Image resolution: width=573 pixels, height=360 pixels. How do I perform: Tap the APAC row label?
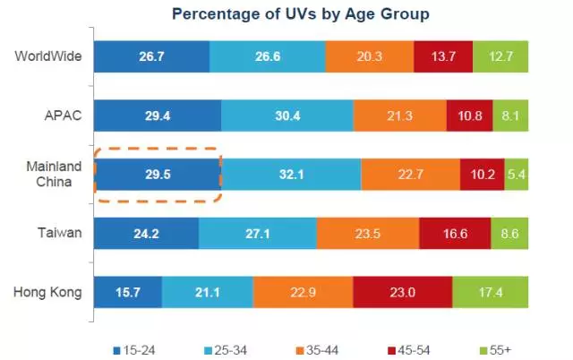65,115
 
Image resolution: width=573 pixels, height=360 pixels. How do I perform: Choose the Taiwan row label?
61,233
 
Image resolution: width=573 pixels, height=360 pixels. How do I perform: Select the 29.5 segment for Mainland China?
158,174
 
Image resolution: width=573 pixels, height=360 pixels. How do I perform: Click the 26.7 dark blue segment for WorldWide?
151,56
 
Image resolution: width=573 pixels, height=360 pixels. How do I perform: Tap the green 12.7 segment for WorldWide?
500,56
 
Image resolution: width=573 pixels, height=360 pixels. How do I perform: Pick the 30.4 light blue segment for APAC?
287,115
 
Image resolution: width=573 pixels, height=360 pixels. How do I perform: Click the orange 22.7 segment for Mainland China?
410,174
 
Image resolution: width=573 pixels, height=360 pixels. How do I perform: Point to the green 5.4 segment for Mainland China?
517,174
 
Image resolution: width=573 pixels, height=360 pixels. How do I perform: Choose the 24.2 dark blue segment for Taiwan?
146,233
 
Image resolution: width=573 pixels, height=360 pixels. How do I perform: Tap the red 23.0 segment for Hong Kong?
403,292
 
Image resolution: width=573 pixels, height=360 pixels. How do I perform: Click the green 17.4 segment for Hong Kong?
491,292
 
